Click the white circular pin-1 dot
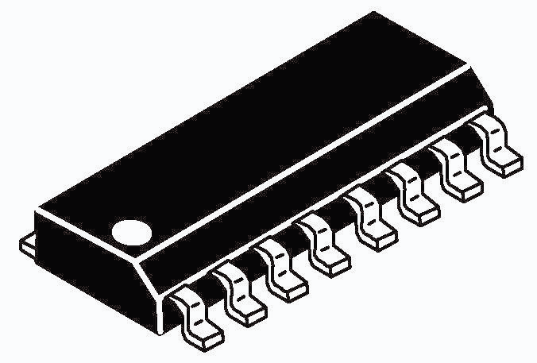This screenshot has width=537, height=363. pyautogui.click(x=130, y=232)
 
